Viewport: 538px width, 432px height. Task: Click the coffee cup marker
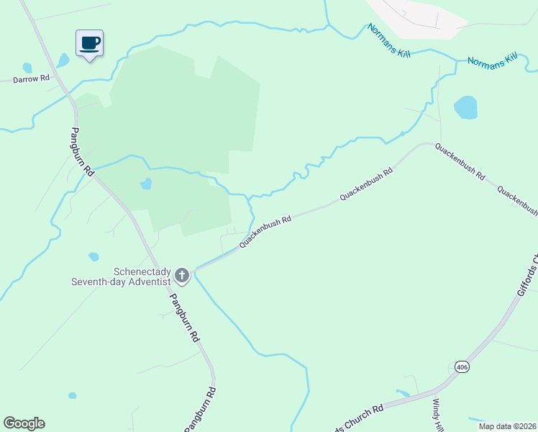tap(89, 43)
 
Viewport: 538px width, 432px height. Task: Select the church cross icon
tap(182, 275)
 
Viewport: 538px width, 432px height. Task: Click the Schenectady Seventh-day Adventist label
tap(120, 276)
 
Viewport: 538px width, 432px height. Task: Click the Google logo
tap(24, 423)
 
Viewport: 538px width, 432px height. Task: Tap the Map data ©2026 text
tap(507, 426)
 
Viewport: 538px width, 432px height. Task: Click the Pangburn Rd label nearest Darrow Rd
tap(82, 152)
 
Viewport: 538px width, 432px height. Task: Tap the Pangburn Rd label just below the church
tap(183, 316)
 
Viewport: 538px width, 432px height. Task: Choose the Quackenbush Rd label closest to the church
tap(265, 231)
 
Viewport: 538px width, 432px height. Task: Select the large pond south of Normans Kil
tap(465, 108)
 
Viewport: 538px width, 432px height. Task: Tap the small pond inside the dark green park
tap(146, 184)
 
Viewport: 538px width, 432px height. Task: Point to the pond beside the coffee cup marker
tap(63, 60)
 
